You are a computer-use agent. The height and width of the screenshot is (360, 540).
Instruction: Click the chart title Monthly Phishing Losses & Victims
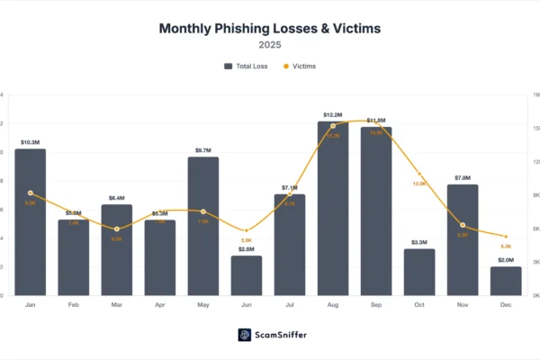[x=270, y=28]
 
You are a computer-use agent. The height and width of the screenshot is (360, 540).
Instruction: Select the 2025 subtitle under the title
[x=270, y=44]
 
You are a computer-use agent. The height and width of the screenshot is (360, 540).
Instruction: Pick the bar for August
[x=333, y=208]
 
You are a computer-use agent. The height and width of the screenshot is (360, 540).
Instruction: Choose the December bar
[x=506, y=281]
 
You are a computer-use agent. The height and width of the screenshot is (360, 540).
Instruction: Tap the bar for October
[x=419, y=272]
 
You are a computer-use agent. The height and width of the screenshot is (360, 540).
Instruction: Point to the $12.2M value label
[x=333, y=115]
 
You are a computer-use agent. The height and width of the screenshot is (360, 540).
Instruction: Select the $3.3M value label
[x=419, y=242]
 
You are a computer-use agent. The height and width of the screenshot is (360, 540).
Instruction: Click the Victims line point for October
[x=419, y=174]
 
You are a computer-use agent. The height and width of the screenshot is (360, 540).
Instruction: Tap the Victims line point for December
[x=506, y=236]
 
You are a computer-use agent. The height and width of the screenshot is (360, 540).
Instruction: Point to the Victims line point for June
[x=247, y=230]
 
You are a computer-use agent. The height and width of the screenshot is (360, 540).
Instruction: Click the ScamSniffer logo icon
[x=244, y=335]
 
